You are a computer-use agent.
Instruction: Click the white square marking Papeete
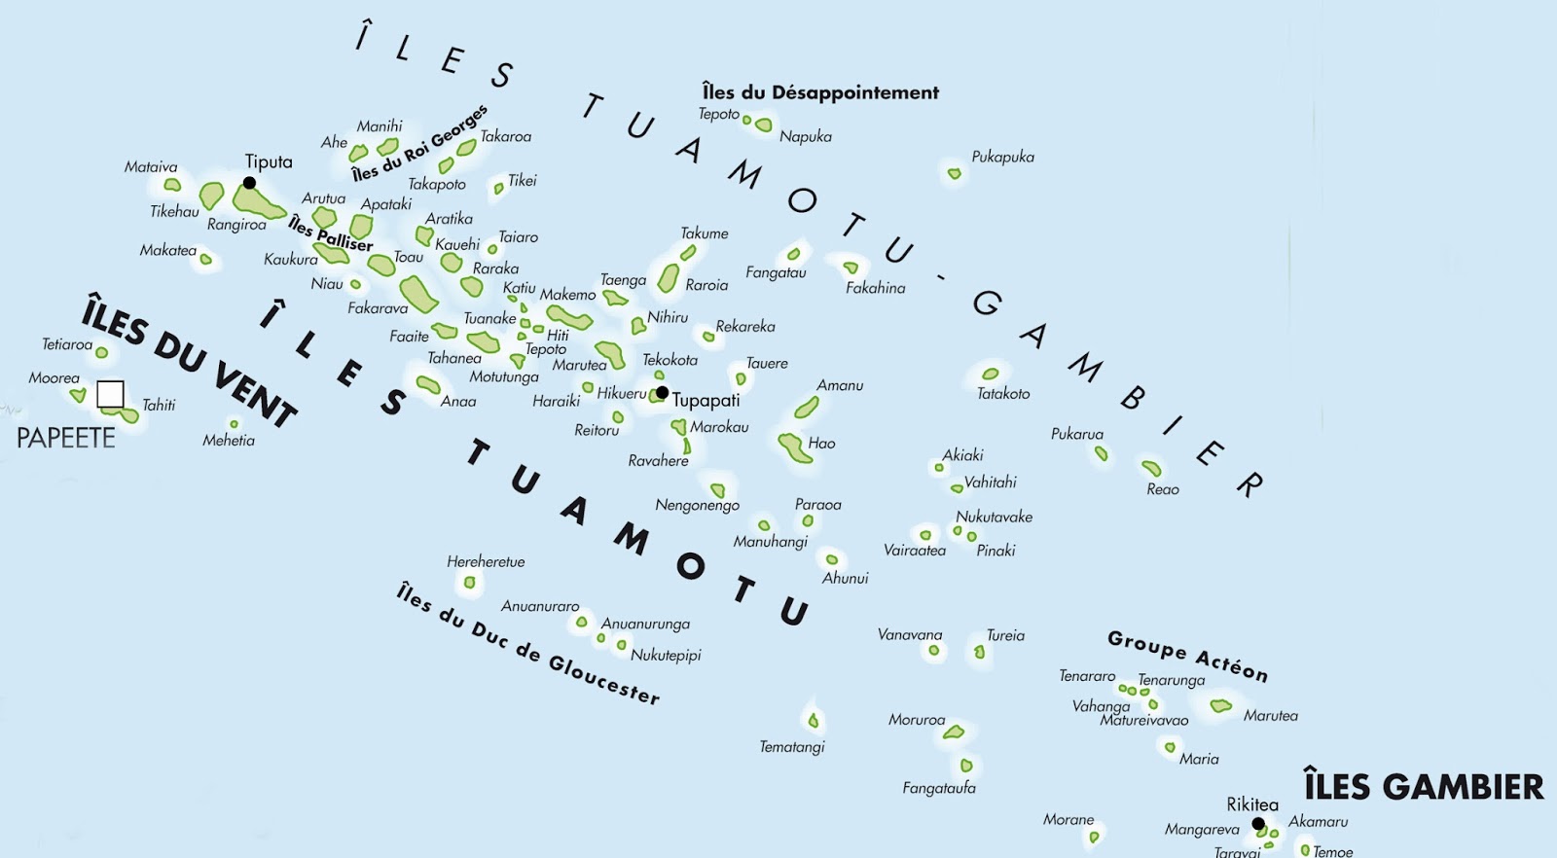click(x=111, y=394)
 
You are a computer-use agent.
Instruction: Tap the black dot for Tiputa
click(x=249, y=183)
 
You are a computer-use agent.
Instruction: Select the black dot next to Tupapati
click(x=662, y=393)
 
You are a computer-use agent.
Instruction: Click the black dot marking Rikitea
click(x=1258, y=824)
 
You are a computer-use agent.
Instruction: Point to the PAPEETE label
click(x=66, y=438)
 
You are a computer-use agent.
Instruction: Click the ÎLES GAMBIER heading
click(x=1424, y=786)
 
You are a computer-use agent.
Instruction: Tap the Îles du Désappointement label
click(x=820, y=92)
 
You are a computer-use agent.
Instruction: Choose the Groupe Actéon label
click(x=1187, y=656)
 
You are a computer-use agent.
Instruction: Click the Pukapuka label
click(x=1002, y=157)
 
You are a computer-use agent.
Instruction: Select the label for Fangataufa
click(x=939, y=788)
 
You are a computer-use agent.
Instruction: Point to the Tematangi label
click(x=792, y=747)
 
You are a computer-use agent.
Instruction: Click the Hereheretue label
click(x=486, y=561)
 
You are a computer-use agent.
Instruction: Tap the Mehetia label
click(x=229, y=441)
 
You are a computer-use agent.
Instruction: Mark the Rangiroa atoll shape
click(x=258, y=202)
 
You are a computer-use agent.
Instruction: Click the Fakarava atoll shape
click(x=418, y=293)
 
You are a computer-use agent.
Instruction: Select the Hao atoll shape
click(x=795, y=448)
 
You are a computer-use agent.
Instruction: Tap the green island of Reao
click(x=1151, y=468)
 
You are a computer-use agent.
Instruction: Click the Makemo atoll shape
click(x=569, y=317)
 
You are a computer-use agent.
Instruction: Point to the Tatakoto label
click(x=1003, y=394)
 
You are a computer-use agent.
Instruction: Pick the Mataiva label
click(x=151, y=167)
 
